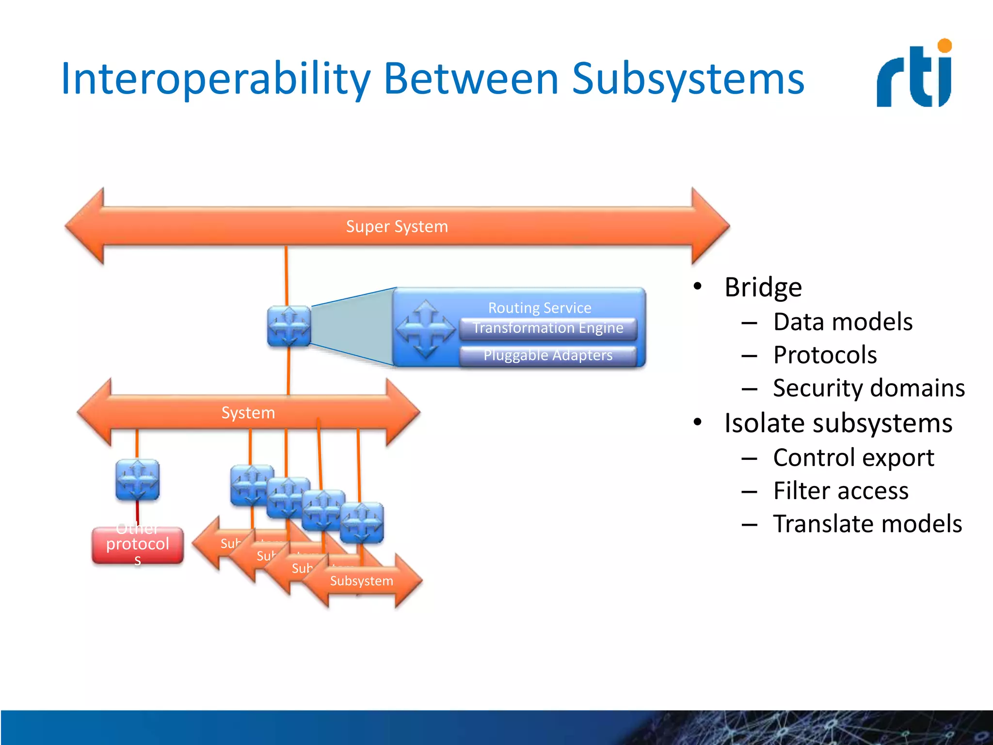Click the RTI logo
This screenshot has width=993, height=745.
[x=914, y=74]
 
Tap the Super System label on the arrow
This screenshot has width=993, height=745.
[x=397, y=227]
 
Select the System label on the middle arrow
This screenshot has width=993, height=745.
[x=248, y=413]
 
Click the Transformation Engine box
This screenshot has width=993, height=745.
[x=548, y=328]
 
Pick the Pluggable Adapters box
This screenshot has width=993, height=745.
[x=548, y=356]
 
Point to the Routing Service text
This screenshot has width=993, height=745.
[x=540, y=308]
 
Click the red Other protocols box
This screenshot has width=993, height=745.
[x=138, y=546]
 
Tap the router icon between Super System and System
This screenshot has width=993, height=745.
[x=289, y=326]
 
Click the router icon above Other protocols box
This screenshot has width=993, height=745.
[x=138, y=480]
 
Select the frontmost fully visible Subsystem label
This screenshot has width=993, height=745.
[x=362, y=581]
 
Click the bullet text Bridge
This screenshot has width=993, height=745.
[x=763, y=287]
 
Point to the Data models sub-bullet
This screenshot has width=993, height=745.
[x=843, y=322]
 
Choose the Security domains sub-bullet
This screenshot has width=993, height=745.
[x=868, y=388]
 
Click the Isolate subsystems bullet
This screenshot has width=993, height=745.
[x=838, y=423]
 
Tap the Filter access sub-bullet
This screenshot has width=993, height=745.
[x=841, y=491]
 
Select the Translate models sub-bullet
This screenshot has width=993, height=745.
[x=867, y=524]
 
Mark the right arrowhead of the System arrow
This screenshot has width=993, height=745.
[x=402, y=412]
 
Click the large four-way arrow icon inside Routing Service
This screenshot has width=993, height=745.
[x=426, y=329]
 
